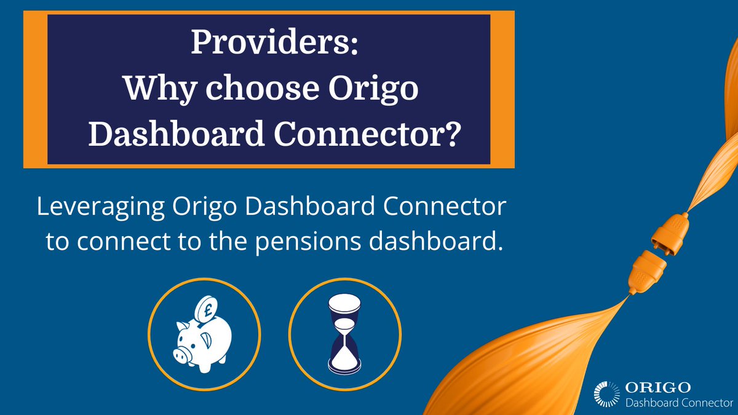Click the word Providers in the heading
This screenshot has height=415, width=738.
(266, 44)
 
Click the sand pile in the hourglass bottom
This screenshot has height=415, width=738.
(344, 362)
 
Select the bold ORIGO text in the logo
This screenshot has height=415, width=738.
(657, 387)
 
